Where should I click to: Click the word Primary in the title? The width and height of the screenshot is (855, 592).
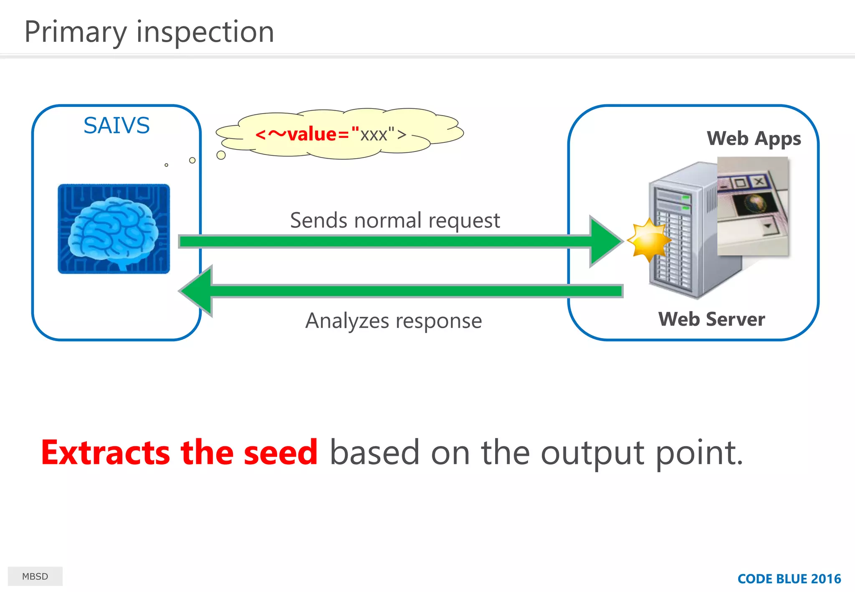(76, 33)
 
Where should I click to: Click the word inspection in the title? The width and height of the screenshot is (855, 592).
(205, 33)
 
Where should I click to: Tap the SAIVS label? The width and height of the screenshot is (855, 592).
(116, 125)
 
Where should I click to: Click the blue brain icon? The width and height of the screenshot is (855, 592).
(114, 229)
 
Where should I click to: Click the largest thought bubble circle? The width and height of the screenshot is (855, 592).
(221, 155)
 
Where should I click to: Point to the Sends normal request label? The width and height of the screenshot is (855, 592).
(395, 220)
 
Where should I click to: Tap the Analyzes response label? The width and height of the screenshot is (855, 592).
(393, 321)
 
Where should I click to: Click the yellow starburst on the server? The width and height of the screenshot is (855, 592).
(648, 240)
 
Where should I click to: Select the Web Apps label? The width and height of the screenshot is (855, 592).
(754, 139)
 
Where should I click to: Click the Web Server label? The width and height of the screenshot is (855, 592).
(711, 319)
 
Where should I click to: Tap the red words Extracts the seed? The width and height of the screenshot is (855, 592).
(179, 453)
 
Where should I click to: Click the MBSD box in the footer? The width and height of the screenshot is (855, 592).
(35, 576)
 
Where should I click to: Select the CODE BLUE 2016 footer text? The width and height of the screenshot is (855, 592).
(789, 579)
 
